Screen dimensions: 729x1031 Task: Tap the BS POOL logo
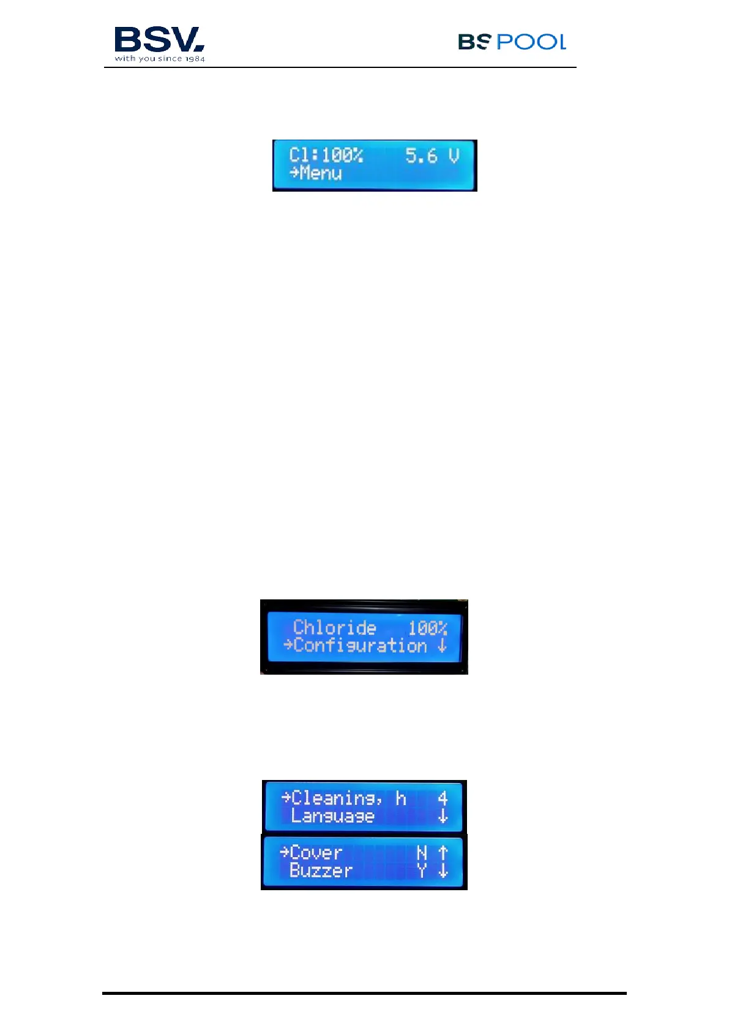pyautogui.click(x=512, y=42)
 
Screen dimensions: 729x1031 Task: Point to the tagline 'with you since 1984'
pyautogui.click(x=160, y=59)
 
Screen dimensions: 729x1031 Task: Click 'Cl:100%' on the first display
pyautogui.click(x=326, y=156)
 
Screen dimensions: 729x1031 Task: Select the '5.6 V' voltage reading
pyautogui.click(x=432, y=156)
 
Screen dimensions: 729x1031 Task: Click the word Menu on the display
pyautogui.click(x=320, y=173)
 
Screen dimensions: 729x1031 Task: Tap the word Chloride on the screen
pyautogui.click(x=334, y=628)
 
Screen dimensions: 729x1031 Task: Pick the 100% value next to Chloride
pyautogui.click(x=427, y=628)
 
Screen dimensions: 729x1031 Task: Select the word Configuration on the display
pyautogui.click(x=360, y=645)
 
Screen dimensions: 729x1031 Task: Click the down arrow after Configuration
pyautogui.click(x=443, y=646)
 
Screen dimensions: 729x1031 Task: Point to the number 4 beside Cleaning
pyautogui.click(x=443, y=798)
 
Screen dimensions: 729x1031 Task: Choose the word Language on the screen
pyautogui.click(x=332, y=816)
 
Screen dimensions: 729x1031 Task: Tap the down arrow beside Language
pyautogui.click(x=443, y=817)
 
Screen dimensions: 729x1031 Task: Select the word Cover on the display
pyautogui.click(x=316, y=853)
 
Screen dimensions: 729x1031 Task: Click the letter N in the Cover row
pyautogui.click(x=422, y=853)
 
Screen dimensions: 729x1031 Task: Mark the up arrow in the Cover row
pyautogui.click(x=443, y=853)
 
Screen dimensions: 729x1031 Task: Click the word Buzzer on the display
pyautogui.click(x=321, y=871)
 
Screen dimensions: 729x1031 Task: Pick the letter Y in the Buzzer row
pyautogui.click(x=422, y=871)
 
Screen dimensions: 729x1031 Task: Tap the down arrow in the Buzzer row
pyautogui.click(x=443, y=871)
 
